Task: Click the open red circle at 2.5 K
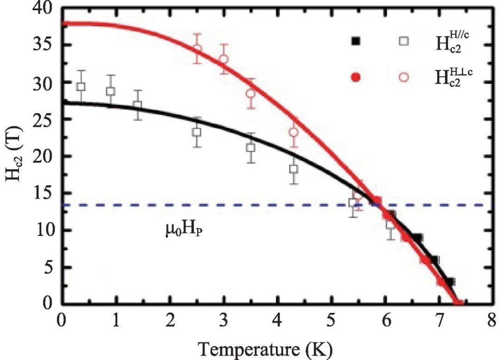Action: (197, 49)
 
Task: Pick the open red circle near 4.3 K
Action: (294, 132)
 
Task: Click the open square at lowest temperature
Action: (81, 86)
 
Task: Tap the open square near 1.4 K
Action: (137, 105)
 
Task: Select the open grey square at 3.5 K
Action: (251, 148)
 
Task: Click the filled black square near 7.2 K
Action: (450, 282)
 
